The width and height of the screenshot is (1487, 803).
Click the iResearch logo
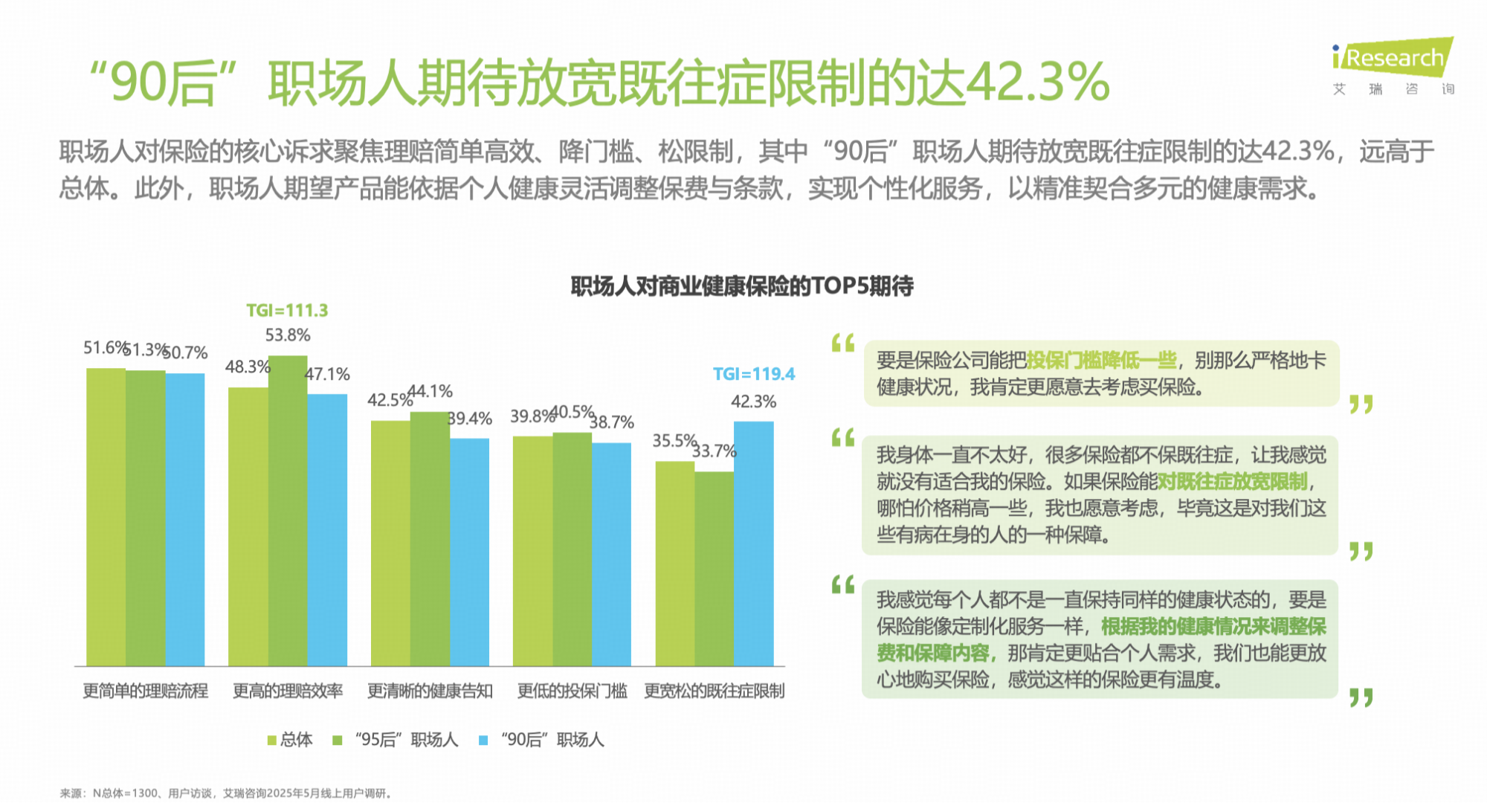coord(1393,59)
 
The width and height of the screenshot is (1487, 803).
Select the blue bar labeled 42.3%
coord(753,543)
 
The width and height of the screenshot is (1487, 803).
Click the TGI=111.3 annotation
coord(287,311)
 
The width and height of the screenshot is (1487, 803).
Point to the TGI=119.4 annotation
coord(753,374)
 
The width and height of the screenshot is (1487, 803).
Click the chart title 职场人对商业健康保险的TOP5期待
coord(741,286)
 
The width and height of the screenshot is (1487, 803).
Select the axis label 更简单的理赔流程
coord(145,691)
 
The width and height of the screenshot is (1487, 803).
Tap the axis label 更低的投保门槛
coord(572,691)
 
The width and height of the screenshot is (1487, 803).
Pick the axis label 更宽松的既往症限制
coord(714,691)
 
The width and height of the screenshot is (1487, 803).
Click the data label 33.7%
coord(714,451)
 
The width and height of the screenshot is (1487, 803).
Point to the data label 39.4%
coord(470,419)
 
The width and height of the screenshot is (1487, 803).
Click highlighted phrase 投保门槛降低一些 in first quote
coord(1101,361)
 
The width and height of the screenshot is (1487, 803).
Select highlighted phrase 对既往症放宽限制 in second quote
coord(1232,482)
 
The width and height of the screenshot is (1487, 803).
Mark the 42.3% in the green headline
coord(1037,82)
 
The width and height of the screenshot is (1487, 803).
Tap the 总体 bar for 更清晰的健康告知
coord(390,543)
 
